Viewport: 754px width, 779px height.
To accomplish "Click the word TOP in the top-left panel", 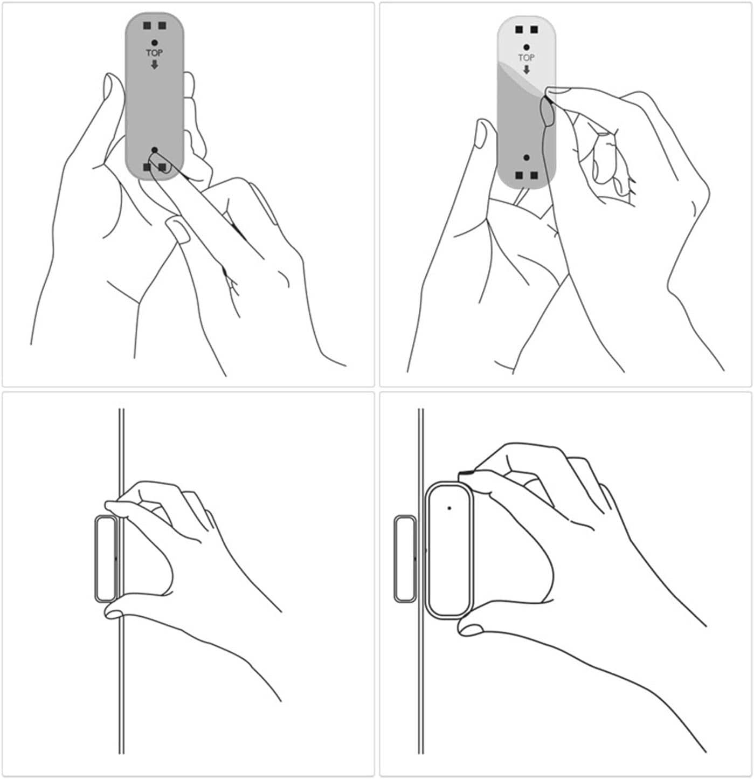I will point(155,53).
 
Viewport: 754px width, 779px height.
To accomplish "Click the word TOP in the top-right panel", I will point(526,57).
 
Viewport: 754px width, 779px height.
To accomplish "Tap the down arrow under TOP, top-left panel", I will point(155,65).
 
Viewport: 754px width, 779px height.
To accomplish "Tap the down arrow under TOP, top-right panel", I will point(526,70).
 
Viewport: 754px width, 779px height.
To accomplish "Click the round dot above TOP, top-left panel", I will point(155,43).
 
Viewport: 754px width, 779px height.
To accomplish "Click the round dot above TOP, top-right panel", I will point(526,47).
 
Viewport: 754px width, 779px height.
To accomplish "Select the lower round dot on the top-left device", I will point(155,150).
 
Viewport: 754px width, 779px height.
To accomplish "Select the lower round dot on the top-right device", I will point(526,157).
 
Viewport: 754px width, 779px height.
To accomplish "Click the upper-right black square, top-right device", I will point(534,30).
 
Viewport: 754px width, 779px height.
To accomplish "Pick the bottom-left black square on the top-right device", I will point(518,175).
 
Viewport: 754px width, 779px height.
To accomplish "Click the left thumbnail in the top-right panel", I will point(482,134).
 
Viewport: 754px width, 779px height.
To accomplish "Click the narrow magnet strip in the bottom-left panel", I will point(106,558).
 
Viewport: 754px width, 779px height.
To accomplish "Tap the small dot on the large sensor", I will point(449,508).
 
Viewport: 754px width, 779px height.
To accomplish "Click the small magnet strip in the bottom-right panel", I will point(404,558).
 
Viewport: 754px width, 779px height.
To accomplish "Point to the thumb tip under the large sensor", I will point(470,628).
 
